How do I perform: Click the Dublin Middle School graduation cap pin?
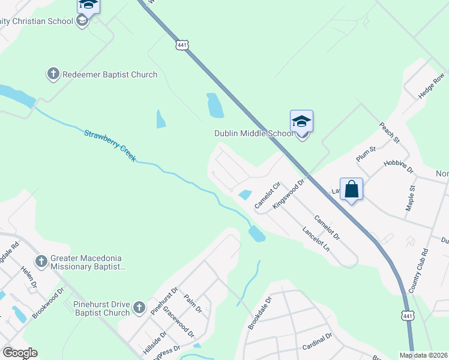coord(302,122)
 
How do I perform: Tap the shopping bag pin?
coord(352,190)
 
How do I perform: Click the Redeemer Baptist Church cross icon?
coord(53,74)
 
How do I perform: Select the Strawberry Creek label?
coord(110,146)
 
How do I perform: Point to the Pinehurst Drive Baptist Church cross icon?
coord(138,308)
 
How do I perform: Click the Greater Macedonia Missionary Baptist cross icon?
coord(41,262)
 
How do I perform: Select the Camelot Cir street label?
coord(268,195)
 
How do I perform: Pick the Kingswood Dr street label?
coord(289,193)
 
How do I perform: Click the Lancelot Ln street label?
coord(316,239)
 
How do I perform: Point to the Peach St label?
coord(389,133)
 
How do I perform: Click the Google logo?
coord(20,353)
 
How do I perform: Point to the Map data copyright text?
coord(424,355)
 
